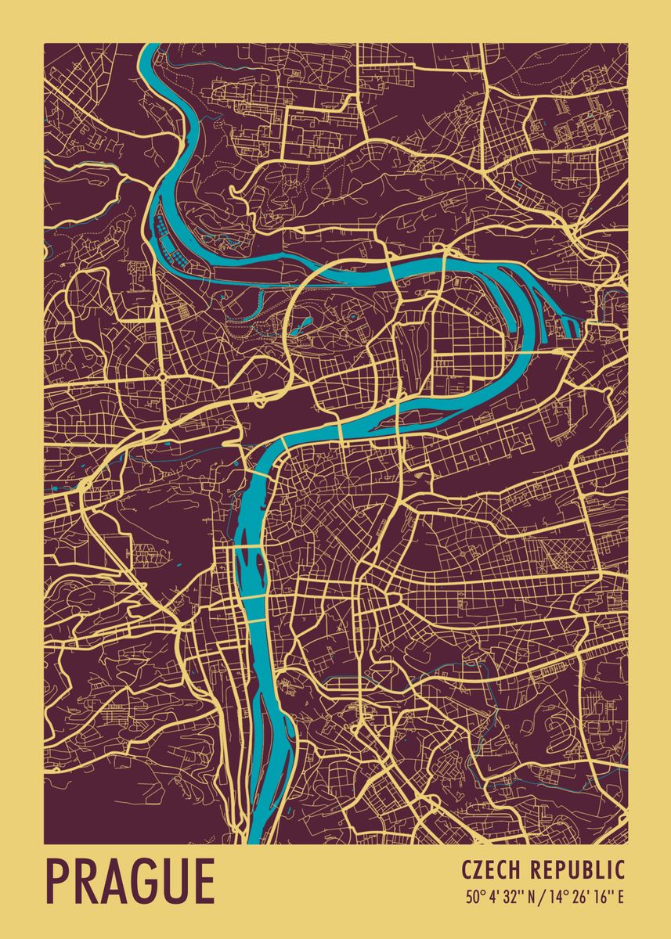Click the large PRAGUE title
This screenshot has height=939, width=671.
[130, 880]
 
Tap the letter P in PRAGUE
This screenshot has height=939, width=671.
[59, 880]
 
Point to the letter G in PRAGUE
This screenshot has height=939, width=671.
[146, 880]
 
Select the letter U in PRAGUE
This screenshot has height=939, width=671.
[175, 880]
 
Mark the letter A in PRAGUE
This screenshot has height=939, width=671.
[116, 880]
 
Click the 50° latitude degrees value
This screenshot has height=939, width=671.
[474, 897]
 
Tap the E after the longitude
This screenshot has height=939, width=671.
[620, 897]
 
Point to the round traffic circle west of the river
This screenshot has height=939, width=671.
[163, 377]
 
